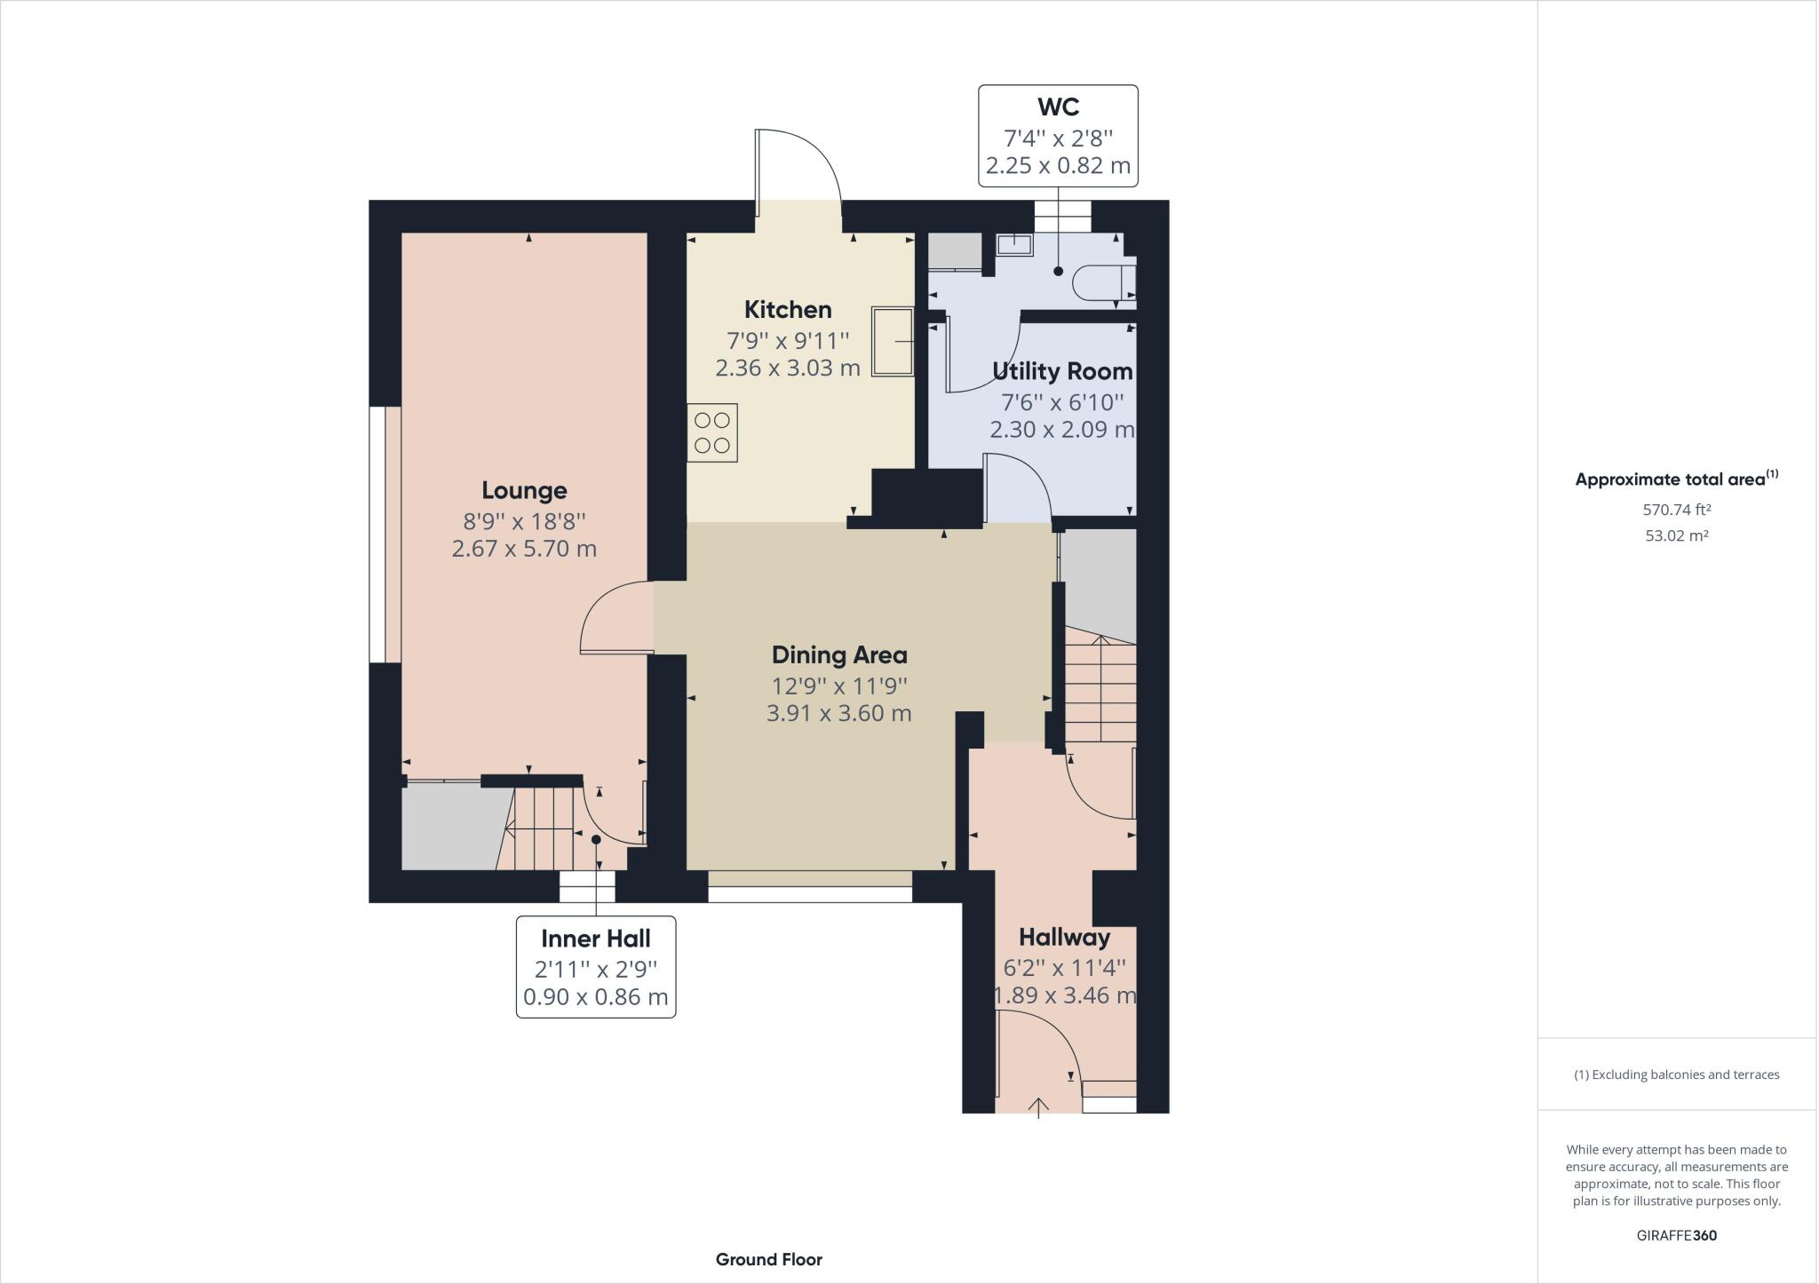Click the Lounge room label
click(x=524, y=490)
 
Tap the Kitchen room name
click(x=788, y=310)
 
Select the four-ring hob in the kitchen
click(x=712, y=433)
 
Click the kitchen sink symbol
click(x=893, y=341)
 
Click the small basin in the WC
click(x=1013, y=244)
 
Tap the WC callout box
click(x=1058, y=136)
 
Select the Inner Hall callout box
click(x=596, y=967)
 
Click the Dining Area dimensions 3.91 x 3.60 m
click(x=839, y=714)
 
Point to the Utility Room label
click(x=1062, y=371)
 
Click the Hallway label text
click(x=1064, y=938)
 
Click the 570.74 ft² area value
click(x=1676, y=511)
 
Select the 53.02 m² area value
click(x=1676, y=536)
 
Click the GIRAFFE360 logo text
click(x=1676, y=1235)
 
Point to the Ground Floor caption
click(x=769, y=1259)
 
